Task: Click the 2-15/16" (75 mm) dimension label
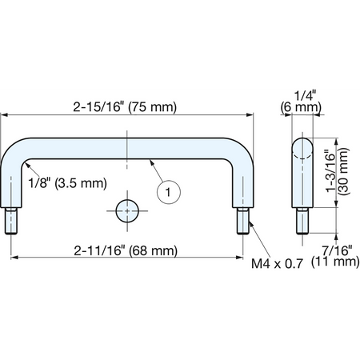pos(125,107)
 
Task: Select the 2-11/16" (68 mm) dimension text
pos(126,250)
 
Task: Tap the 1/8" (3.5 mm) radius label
pos(68,183)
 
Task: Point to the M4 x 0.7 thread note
pos(277,264)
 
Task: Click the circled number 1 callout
pos(169,192)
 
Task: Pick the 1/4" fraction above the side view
pos(305,96)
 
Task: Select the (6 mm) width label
pos(301,107)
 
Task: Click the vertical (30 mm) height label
pos(344,171)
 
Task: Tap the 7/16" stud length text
pos(337,250)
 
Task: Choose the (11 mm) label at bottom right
pos(335,262)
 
